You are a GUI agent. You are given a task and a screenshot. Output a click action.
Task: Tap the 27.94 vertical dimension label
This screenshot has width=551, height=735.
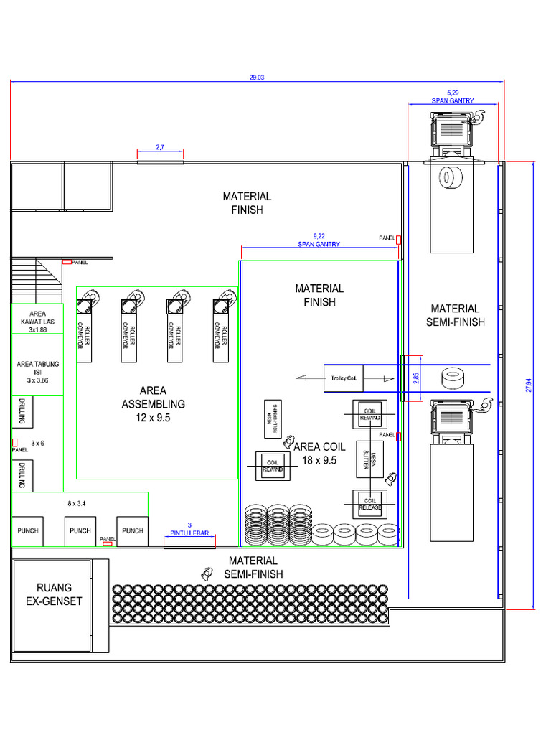pyautogui.click(x=529, y=385)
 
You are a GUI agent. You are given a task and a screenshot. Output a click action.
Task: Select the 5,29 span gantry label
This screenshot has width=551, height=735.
pyautogui.click(x=452, y=97)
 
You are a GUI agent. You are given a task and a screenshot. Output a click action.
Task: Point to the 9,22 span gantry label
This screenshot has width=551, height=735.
pyautogui.click(x=319, y=240)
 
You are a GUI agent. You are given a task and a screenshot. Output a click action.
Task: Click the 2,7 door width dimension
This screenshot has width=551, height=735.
pyautogui.click(x=160, y=147)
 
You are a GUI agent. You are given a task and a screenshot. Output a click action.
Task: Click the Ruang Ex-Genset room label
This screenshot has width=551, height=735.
pyautogui.click(x=50, y=594)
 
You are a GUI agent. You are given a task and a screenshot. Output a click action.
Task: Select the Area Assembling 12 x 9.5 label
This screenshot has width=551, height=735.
pyautogui.click(x=153, y=403)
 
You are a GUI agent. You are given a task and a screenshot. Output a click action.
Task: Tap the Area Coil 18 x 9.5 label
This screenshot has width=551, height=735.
pyautogui.click(x=319, y=453)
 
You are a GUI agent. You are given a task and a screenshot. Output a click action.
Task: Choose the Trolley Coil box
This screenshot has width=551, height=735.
pyautogui.click(x=344, y=377)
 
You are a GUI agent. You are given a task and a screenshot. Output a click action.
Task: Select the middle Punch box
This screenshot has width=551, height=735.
pyautogui.click(x=80, y=531)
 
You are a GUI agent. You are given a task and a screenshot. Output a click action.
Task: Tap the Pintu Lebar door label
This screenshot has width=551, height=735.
pyautogui.click(x=189, y=529)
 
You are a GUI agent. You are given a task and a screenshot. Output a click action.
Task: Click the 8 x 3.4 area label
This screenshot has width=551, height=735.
pyautogui.click(x=77, y=504)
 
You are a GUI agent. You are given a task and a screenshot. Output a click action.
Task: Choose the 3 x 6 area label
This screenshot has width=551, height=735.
pyautogui.click(x=37, y=444)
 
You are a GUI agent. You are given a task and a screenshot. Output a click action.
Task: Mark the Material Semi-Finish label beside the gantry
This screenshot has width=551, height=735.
pyautogui.click(x=454, y=315)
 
